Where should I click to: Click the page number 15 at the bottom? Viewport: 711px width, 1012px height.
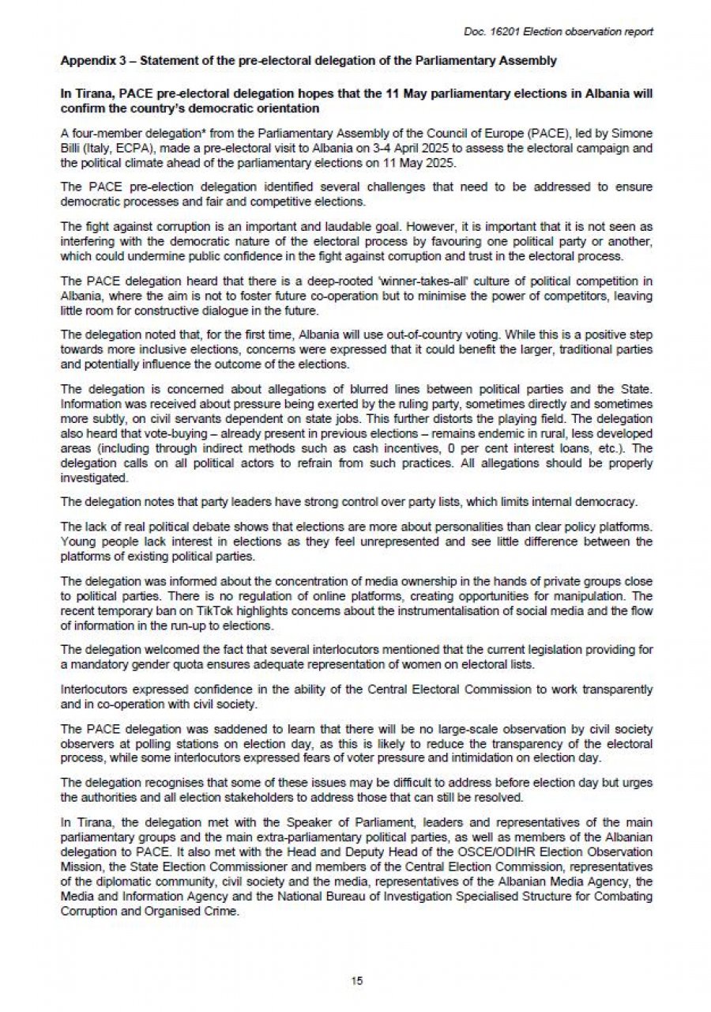356,981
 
